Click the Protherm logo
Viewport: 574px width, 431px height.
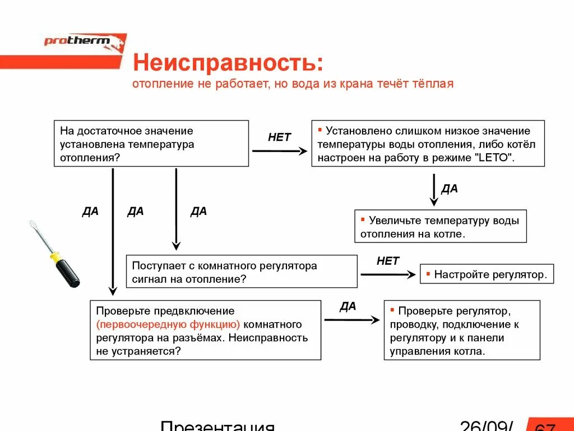pyautogui.click(x=84, y=42)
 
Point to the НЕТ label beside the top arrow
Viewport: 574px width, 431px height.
pyautogui.click(x=279, y=137)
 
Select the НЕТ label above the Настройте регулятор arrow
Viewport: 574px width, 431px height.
pyautogui.click(x=388, y=261)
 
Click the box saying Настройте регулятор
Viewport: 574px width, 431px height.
pyautogui.click(x=487, y=275)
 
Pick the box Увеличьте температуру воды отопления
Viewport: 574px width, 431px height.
pyautogui.click(x=441, y=227)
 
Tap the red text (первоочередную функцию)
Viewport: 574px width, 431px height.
pyautogui.click(x=168, y=324)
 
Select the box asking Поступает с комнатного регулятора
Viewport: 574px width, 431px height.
pyautogui.click(x=242, y=272)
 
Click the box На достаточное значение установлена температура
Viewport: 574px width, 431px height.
pyautogui.click(x=151, y=144)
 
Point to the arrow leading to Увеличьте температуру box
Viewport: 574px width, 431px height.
pyautogui.click(x=434, y=190)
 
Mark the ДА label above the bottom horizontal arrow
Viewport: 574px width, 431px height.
pyautogui.click(x=348, y=306)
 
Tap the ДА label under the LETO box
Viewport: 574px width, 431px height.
pyautogui.click(x=450, y=189)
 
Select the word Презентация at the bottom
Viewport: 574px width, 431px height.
pyautogui.click(x=217, y=425)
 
